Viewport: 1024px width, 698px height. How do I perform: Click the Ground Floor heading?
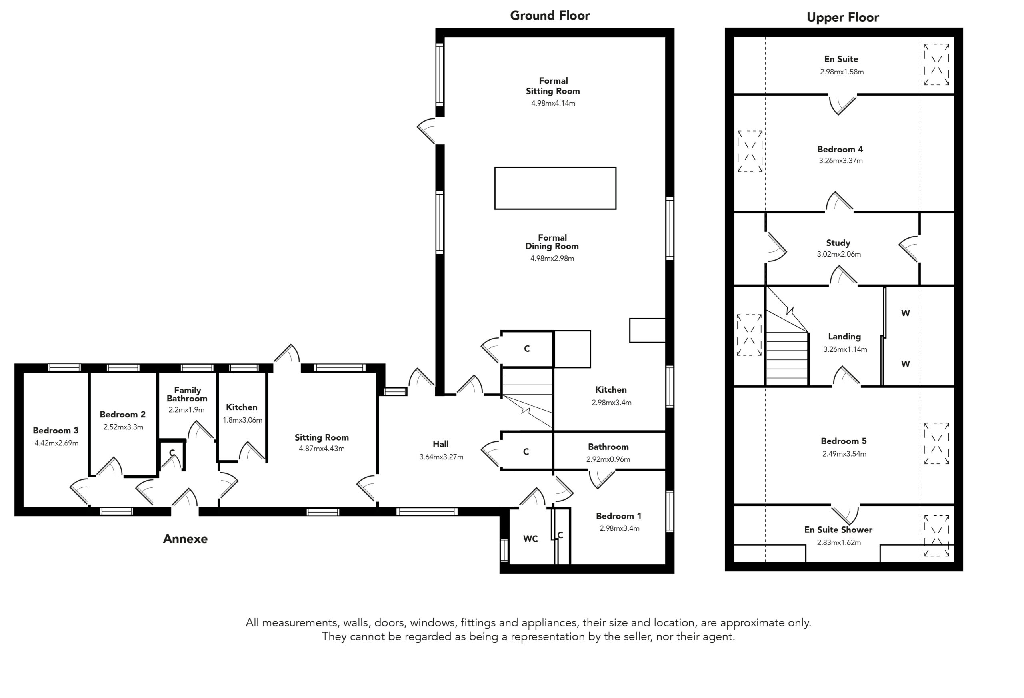(550, 16)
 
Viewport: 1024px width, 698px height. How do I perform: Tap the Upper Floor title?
(842, 18)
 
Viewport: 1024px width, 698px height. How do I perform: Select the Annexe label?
(185, 539)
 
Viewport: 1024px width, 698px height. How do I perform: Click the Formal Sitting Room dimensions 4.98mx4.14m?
(553, 103)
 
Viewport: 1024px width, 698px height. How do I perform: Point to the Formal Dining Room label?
(552, 242)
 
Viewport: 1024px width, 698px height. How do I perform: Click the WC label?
(530, 539)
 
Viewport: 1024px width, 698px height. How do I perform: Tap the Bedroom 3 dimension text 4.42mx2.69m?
(56, 443)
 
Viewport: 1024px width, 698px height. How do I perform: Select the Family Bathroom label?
(187, 394)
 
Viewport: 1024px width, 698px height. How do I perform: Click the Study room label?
(838, 243)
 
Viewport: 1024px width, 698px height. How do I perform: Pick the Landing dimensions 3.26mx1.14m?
(845, 349)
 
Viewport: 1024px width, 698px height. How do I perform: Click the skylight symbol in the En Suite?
(937, 64)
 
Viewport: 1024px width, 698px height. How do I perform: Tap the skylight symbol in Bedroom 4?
(750, 151)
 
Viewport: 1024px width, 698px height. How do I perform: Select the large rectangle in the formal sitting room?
(555, 188)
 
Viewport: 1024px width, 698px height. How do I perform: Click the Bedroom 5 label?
(843, 441)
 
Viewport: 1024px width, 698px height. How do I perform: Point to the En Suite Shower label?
(838, 530)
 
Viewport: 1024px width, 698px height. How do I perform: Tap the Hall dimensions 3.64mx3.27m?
(441, 457)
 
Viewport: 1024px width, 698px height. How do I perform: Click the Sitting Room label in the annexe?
(322, 437)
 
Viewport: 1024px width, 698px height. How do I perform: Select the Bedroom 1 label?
(619, 516)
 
